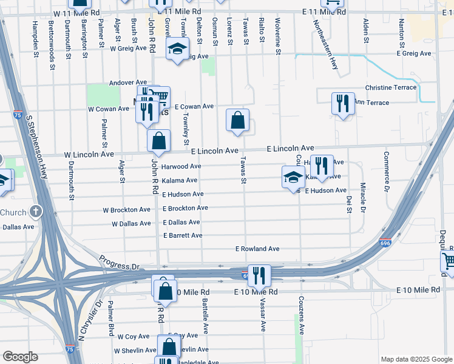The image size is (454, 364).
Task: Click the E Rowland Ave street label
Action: click(x=257, y=249)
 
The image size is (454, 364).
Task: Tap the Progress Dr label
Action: click(x=120, y=262)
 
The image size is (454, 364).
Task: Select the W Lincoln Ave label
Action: click(x=89, y=155)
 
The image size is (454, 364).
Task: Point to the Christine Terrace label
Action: click(x=391, y=87)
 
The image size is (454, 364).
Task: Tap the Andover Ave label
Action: click(x=129, y=83)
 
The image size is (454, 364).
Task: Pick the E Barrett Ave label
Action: click(x=183, y=235)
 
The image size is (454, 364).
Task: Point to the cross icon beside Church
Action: click(x=36, y=212)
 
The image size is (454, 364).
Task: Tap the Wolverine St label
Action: click(x=278, y=36)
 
